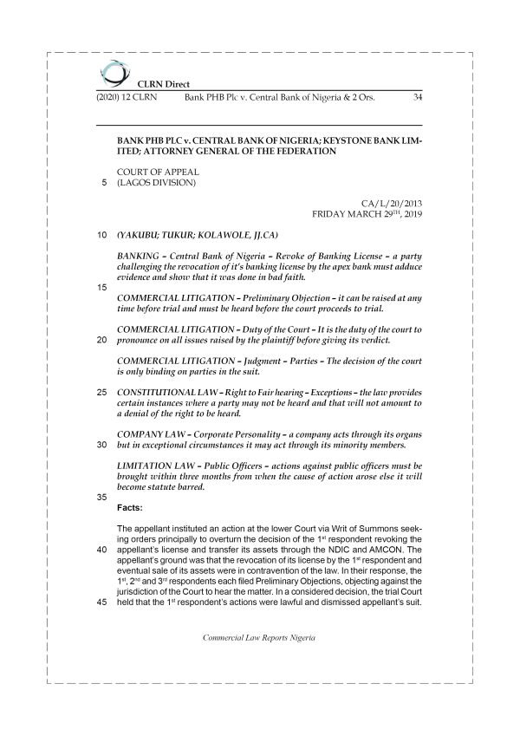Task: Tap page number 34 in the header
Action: (418, 97)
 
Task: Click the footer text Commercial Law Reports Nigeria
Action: (259, 661)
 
